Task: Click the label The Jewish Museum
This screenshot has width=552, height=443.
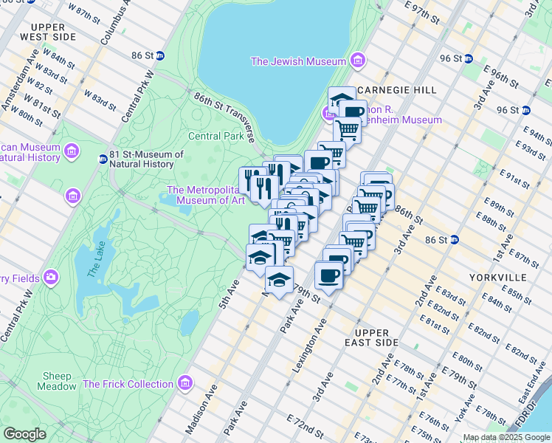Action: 298,61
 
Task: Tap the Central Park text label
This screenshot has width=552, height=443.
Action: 216,136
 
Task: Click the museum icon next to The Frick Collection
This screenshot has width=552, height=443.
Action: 185,383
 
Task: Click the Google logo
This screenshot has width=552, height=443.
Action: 24,434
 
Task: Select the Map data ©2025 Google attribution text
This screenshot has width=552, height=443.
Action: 506,437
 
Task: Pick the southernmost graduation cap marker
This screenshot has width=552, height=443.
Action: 278,281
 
